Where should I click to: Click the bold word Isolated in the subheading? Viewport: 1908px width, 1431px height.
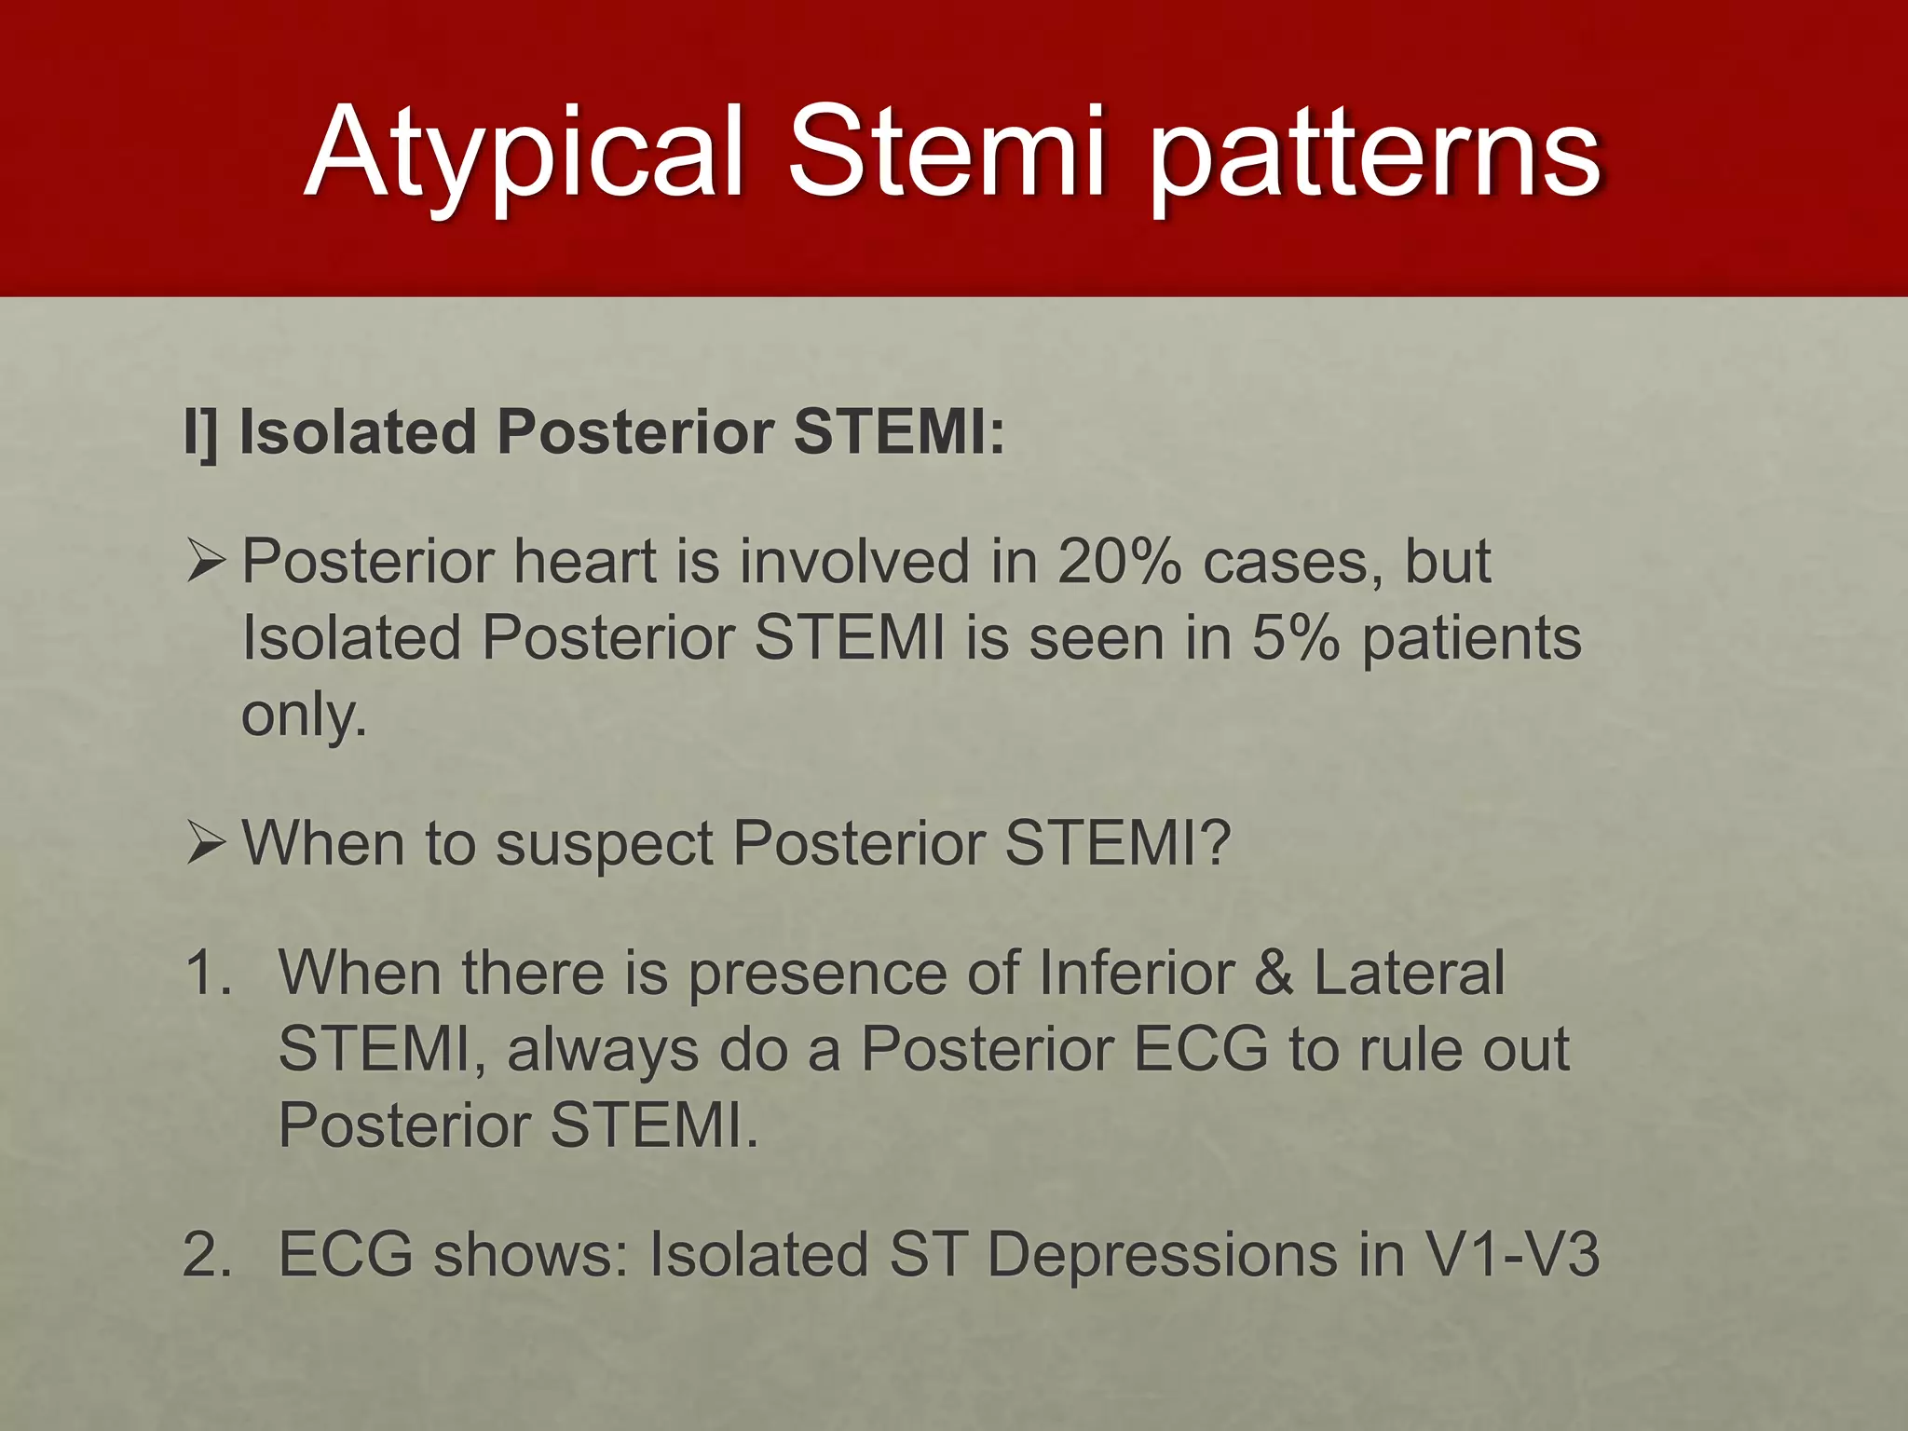coord(357,433)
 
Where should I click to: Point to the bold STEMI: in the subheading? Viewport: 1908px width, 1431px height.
coord(899,433)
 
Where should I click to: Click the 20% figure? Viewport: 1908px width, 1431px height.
coord(1119,562)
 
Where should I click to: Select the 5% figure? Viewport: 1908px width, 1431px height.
coord(1296,639)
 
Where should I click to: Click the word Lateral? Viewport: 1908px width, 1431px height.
coord(1409,973)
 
